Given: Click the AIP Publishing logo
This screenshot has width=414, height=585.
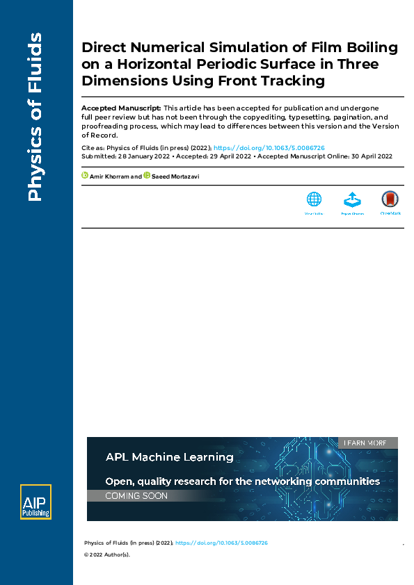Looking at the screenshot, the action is point(35,502).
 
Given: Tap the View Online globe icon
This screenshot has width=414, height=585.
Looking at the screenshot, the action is point(314,199).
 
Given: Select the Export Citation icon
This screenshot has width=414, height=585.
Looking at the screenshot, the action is point(352,200).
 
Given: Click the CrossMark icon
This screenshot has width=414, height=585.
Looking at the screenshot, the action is point(390,199).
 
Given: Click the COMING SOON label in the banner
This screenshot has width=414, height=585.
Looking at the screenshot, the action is point(136,496).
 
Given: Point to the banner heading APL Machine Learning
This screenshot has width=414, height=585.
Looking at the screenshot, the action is point(169,457).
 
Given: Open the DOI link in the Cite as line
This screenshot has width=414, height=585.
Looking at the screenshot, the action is point(269,148).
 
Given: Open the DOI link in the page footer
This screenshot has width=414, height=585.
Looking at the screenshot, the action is point(221,543).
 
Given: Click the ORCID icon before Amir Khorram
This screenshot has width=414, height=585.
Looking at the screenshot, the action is point(85,175).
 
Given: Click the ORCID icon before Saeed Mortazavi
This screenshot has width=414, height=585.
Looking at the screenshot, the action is point(147,175).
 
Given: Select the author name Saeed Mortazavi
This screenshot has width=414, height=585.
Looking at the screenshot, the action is point(176,176).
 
